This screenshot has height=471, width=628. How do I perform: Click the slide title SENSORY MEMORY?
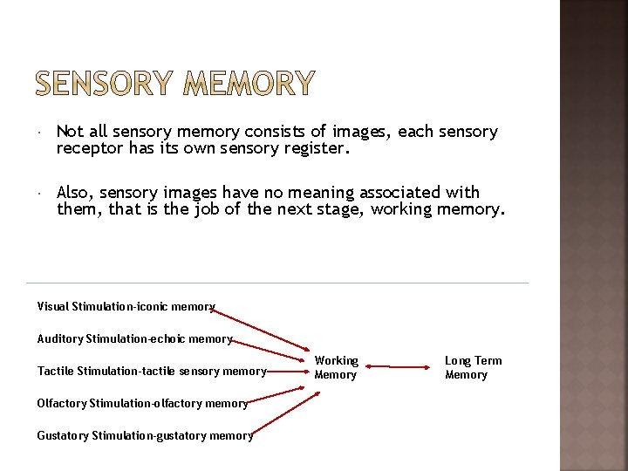174,83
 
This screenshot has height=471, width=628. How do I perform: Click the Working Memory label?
336,367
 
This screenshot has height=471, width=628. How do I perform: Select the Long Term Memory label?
473,367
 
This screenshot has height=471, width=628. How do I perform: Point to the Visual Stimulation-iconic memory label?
126,306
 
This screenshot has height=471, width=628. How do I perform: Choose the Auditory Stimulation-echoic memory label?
134,338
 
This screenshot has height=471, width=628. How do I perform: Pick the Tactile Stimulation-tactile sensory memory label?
151,372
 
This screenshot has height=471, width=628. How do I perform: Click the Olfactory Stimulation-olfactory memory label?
142,403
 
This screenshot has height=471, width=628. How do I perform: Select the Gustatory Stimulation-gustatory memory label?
145,435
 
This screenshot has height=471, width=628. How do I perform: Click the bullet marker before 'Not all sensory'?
40,133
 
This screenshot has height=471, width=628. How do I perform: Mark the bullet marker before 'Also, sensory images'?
40,194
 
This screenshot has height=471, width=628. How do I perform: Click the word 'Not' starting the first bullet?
70,132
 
